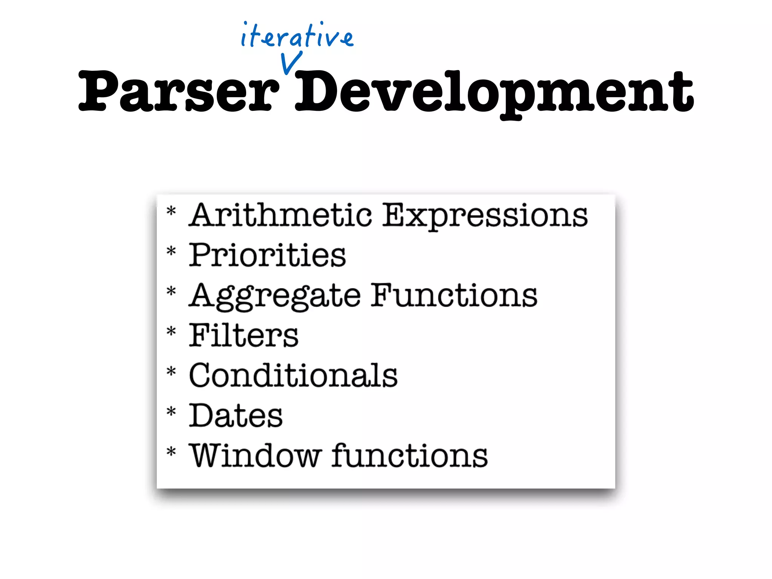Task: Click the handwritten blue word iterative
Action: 297,36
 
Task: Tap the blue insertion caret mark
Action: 291,63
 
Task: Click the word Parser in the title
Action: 179,92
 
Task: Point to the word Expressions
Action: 485,216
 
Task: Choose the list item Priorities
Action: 267,256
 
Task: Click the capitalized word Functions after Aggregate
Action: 454,296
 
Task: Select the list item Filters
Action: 244,335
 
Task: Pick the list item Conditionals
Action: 293,375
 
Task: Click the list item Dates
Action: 236,415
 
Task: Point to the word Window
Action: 255,456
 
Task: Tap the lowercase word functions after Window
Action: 410,456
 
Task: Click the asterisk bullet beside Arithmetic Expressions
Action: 172,211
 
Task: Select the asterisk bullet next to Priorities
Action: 172,251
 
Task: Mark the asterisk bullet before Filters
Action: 172,331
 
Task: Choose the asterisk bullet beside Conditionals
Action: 172,372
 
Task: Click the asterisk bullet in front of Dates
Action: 172,411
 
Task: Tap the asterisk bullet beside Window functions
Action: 172,451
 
